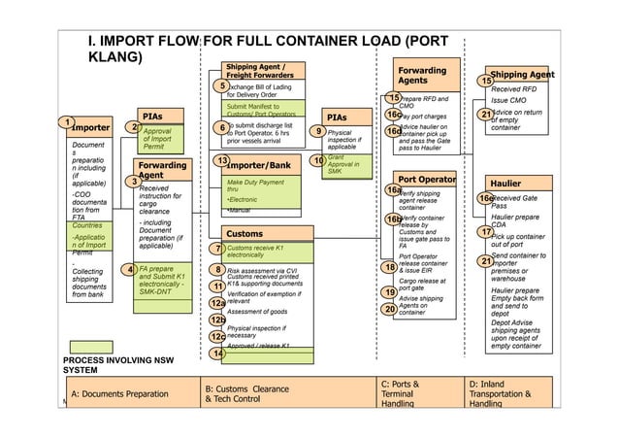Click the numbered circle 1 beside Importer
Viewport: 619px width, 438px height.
(66, 122)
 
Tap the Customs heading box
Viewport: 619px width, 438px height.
(244, 233)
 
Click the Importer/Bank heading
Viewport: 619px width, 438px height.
(257, 165)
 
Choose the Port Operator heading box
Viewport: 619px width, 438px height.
(426, 180)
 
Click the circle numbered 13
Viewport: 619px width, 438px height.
(221, 160)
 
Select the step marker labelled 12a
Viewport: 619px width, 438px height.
(218, 302)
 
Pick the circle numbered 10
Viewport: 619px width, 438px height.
(316, 160)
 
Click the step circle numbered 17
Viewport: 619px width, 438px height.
(486, 232)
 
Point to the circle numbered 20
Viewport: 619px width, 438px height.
(389, 309)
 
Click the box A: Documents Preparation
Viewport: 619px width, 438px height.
(126, 394)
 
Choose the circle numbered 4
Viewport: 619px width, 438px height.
(128, 269)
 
